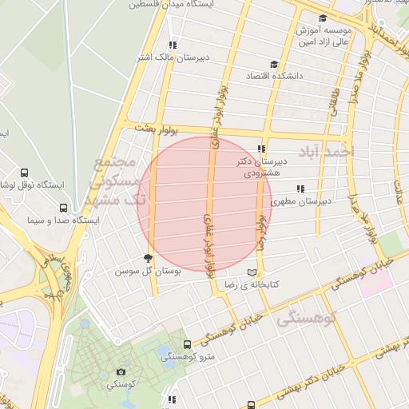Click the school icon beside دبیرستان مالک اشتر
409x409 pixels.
173,45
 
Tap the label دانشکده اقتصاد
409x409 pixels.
243,76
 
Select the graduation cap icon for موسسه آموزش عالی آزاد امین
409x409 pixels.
322,18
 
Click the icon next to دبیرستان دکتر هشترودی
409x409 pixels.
262,149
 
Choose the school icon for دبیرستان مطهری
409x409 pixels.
300,189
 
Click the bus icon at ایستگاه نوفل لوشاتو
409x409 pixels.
24,173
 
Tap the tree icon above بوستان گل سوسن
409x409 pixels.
147,257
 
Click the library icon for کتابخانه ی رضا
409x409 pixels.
253,272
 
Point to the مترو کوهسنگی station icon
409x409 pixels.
187,344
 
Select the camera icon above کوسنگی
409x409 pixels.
121,371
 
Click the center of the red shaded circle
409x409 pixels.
204,204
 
